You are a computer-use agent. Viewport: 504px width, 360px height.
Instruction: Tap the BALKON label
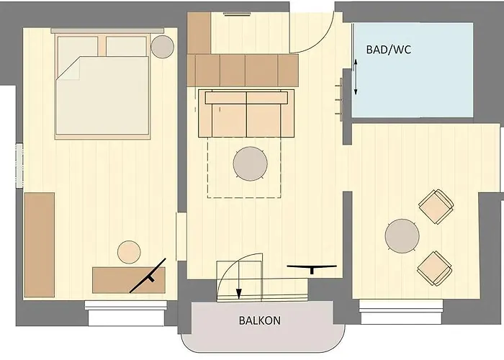coord(259,320)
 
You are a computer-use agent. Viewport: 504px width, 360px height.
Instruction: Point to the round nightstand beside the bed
coord(162,47)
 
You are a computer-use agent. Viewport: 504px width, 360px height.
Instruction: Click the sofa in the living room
coord(247,113)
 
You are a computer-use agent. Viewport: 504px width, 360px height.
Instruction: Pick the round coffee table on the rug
coord(251,163)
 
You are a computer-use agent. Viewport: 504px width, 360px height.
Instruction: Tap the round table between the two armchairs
coord(402,235)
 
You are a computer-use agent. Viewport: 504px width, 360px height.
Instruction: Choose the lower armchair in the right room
coord(435,266)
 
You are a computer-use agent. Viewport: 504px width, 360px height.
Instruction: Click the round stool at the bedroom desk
coord(129,252)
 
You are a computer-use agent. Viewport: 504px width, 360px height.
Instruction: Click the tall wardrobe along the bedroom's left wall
coord(39,244)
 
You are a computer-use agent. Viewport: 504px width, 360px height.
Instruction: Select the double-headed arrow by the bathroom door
coord(356,78)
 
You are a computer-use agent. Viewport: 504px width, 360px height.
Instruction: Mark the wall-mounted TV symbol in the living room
coord(312,268)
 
